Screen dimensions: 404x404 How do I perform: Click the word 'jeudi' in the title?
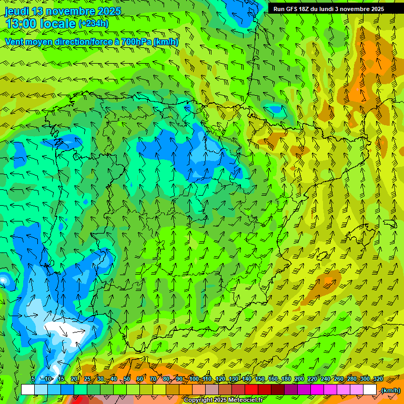click(17, 12)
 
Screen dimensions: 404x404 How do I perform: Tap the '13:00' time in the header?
click(22, 24)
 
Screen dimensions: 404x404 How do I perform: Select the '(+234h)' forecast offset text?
click(93, 24)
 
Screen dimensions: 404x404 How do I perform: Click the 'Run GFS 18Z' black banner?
click(328, 9)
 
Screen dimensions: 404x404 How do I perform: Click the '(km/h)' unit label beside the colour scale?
click(390, 390)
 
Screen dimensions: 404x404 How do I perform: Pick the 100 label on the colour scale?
click(194, 379)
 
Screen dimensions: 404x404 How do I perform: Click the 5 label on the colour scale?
click(33, 379)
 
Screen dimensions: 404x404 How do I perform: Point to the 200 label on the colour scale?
click(299, 379)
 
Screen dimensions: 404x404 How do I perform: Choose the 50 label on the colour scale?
click(127, 379)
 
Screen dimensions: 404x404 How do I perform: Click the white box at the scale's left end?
click(28, 390)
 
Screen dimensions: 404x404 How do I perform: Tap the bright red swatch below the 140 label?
click(251, 390)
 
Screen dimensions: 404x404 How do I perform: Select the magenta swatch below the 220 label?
click(317, 390)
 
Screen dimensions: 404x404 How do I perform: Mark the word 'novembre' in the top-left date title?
click(73, 12)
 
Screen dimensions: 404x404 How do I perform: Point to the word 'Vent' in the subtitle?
click(15, 42)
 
